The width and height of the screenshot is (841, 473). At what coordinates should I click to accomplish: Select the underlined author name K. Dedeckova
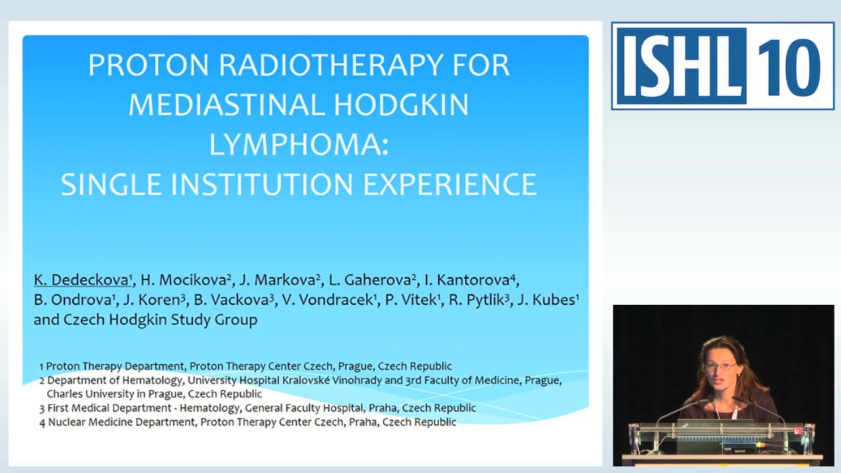(83, 280)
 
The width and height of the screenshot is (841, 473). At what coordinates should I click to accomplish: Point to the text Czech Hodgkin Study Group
(160, 320)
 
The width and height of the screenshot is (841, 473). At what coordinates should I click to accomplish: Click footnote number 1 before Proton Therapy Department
(41, 367)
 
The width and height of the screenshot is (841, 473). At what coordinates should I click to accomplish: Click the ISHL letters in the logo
(681, 66)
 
